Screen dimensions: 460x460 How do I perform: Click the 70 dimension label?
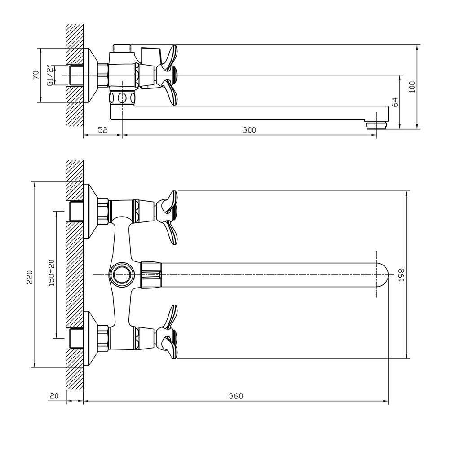click(36, 75)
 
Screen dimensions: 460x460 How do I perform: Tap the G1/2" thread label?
click(51, 75)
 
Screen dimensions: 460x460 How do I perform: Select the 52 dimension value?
click(103, 130)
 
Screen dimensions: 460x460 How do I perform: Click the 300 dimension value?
click(249, 130)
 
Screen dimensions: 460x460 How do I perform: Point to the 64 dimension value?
click(394, 102)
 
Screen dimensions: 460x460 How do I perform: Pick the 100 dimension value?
click(412, 87)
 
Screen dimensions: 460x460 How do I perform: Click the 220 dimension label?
click(30, 277)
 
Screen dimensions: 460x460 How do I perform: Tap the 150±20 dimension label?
click(52, 273)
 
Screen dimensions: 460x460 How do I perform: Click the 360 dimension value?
click(236, 396)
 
